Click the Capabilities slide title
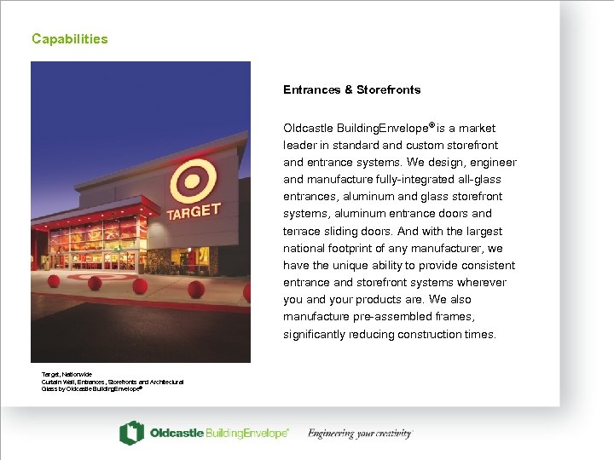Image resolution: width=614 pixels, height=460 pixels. coord(70,39)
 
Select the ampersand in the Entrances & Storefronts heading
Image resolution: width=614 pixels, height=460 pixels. coord(348,89)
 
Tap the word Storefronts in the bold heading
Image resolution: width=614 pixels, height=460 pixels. coord(388,89)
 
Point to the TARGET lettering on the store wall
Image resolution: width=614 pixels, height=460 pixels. coord(194,211)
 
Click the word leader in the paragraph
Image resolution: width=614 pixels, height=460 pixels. coord(299,146)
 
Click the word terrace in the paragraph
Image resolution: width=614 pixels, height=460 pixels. coord(301,232)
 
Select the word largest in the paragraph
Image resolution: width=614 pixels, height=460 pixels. coord(485,232)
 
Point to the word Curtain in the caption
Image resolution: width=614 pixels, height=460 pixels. coord(53,382)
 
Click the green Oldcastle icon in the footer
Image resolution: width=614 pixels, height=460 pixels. coord(131,433)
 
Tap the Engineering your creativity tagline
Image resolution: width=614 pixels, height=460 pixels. coord(360,434)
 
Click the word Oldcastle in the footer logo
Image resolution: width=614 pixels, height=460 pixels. coord(177,434)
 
